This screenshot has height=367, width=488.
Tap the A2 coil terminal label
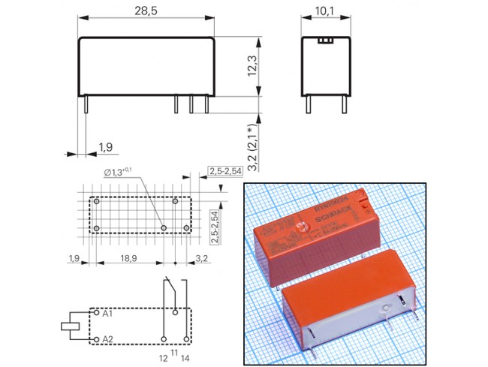[x=108, y=340]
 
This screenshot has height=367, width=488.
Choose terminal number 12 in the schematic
[x=164, y=358]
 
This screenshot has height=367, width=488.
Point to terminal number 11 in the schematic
[x=175, y=351]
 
